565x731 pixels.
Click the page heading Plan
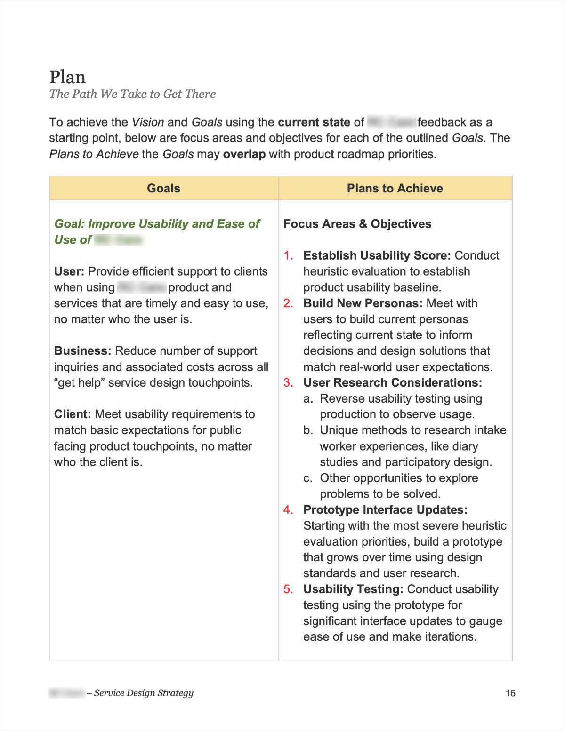[x=67, y=77]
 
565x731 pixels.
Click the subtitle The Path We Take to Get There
[x=132, y=94]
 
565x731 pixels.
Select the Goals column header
[x=163, y=188]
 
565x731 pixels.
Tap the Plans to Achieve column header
[x=395, y=188]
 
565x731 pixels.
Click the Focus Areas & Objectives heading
[x=357, y=224]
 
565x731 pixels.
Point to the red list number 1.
[x=288, y=255]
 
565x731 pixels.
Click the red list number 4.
[x=288, y=510]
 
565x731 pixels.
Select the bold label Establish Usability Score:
[x=377, y=255]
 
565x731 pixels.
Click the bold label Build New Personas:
[x=363, y=303]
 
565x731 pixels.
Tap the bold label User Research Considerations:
[x=393, y=383]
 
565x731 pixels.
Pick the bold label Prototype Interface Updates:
[x=385, y=510]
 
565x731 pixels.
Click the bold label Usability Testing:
[x=353, y=589]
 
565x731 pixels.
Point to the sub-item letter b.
[x=308, y=430]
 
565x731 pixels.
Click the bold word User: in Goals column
[x=69, y=271]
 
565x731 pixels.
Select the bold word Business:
[x=82, y=351]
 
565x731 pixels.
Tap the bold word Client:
[x=73, y=414]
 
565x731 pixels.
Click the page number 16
[x=510, y=693]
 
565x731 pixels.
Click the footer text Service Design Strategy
[x=144, y=693]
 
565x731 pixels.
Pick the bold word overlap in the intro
[x=244, y=154]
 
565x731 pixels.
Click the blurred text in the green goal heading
[x=119, y=240]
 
